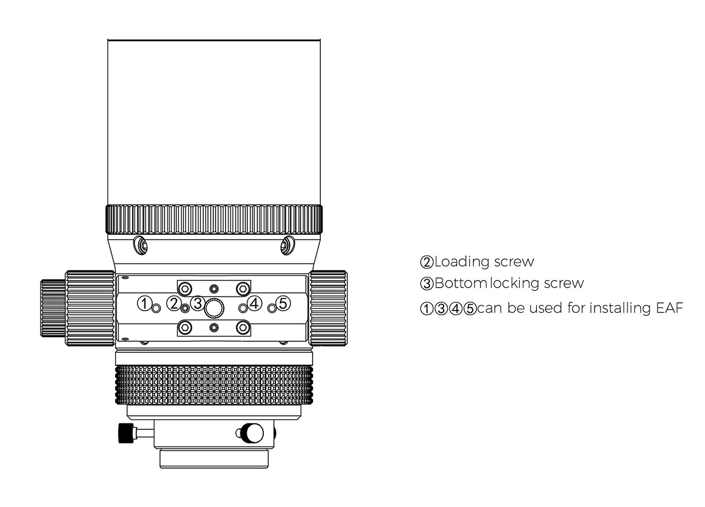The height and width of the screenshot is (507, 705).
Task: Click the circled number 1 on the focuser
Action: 145,303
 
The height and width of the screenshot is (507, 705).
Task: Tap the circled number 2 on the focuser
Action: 174,303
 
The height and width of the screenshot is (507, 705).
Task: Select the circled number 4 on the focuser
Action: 254,303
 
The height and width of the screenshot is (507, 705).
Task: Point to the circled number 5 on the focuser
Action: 283,303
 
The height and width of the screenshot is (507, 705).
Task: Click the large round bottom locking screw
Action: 214,307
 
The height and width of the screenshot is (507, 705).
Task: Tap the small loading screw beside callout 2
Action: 185,308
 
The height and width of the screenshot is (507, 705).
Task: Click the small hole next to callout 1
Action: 156,308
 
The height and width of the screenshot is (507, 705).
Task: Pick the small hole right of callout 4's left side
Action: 243,308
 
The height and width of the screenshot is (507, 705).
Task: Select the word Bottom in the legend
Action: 461,283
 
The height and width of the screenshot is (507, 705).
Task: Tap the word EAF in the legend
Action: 670,308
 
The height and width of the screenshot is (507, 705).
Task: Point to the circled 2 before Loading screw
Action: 427,262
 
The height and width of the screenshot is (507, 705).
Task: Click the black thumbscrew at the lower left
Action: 126,433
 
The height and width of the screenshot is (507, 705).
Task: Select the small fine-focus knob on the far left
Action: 53,308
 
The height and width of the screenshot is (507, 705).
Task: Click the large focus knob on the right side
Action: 328,308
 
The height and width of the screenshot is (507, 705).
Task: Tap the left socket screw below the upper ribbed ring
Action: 140,245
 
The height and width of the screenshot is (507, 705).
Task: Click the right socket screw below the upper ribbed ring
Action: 288,245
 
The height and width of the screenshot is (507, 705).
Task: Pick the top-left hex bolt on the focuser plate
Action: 185,288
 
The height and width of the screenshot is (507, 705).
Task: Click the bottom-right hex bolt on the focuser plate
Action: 243,328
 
